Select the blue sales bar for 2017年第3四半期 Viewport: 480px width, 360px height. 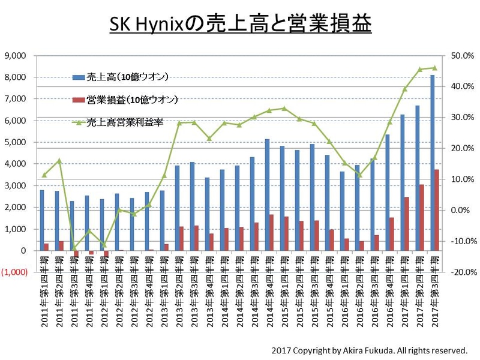[x=433, y=163]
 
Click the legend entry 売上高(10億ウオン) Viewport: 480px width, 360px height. [x=127, y=77]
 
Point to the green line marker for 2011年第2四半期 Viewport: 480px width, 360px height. [x=59, y=160]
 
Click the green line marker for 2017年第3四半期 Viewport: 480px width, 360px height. [x=435, y=68]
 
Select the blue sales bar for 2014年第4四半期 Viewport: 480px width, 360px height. [x=267, y=195]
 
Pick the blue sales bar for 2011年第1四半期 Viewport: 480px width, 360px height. [x=42, y=220]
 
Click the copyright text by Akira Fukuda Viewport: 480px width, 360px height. [x=369, y=349]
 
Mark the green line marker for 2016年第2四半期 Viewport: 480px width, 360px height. [x=359, y=175]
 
